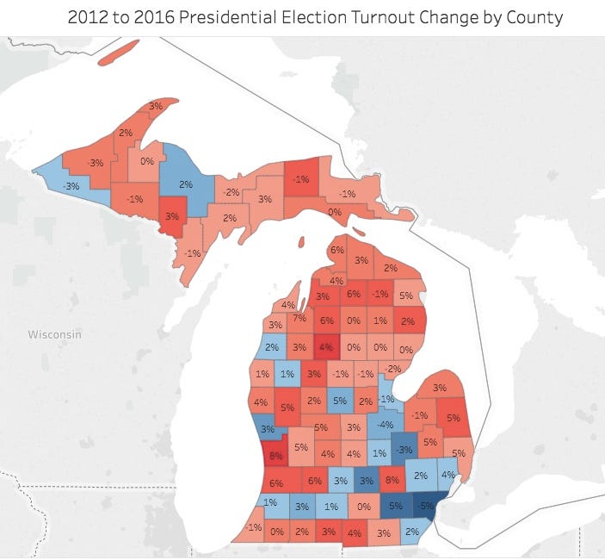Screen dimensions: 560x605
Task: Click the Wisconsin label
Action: tap(54, 333)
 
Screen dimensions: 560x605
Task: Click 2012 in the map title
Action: tap(87, 17)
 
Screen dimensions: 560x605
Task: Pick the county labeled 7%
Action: tap(299, 319)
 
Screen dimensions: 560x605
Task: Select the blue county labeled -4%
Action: tap(386, 425)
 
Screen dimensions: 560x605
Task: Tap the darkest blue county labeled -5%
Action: tap(425, 507)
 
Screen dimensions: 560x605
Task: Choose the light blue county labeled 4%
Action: tap(448, 474)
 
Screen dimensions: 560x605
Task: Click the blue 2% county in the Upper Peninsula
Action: tap(187, 184)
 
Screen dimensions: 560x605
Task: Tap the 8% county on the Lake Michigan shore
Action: tap(275, 454)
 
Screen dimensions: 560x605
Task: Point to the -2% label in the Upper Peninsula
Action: tap(232, 191)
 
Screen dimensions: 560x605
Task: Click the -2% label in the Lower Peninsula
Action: tap(393, 369)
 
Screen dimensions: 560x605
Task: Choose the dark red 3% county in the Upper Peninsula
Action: tap(171, 216)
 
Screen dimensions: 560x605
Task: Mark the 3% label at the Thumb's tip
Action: tap(440, 388)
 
